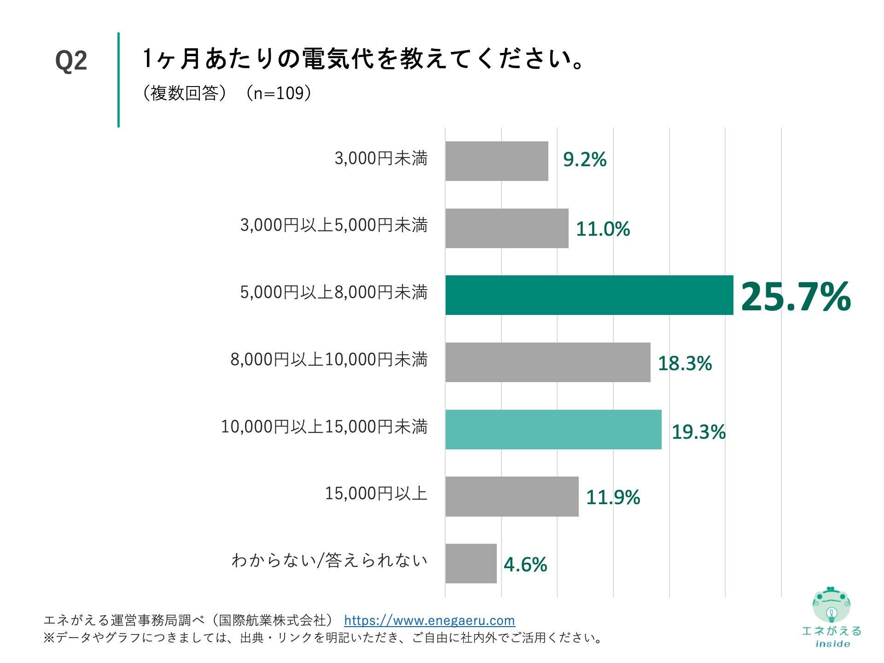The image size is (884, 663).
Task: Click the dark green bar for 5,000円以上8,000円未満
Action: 589,295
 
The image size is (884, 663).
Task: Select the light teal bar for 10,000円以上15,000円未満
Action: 553,430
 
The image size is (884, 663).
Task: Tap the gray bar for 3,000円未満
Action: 496,161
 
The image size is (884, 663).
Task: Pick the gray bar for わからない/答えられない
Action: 471,564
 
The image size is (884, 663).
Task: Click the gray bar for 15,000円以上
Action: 512,496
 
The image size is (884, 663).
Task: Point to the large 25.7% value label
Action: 796,297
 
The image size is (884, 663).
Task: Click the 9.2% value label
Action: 584,160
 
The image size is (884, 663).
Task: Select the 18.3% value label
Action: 684,363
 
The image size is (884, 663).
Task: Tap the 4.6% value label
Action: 525,564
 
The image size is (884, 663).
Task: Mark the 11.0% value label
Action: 602,229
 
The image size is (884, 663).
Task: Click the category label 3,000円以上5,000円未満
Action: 334,226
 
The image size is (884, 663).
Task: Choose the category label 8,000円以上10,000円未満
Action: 329,360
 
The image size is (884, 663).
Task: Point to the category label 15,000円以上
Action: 376,494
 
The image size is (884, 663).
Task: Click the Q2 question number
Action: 71,61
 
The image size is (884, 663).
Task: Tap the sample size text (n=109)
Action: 278,93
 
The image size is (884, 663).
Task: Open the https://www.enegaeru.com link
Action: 429,621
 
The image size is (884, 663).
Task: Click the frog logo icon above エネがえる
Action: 831,605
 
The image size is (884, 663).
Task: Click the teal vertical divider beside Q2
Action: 118,80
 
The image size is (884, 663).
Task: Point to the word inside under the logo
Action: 832,644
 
